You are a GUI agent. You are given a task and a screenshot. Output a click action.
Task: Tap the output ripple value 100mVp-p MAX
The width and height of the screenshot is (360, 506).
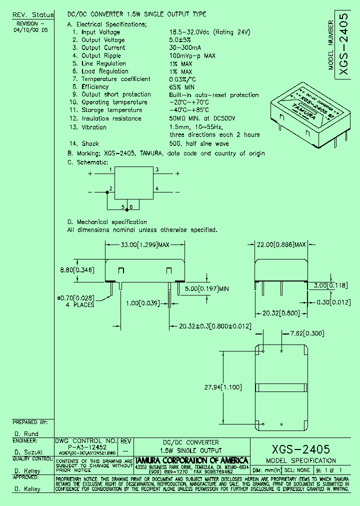(x=192, y=55)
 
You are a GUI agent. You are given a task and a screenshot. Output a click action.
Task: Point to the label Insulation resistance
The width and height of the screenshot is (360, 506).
(x=111, y=118)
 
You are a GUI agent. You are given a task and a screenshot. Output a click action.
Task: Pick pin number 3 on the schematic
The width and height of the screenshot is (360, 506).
(x=157, y=170)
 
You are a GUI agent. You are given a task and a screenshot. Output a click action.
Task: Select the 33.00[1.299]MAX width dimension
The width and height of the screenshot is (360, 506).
(x=145, y=245)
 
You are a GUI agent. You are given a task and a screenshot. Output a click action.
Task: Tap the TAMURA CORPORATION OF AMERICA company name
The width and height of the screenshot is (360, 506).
(x=192, y=460)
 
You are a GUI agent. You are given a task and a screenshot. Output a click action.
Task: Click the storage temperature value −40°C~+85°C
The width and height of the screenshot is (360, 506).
(x=189, y=110)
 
